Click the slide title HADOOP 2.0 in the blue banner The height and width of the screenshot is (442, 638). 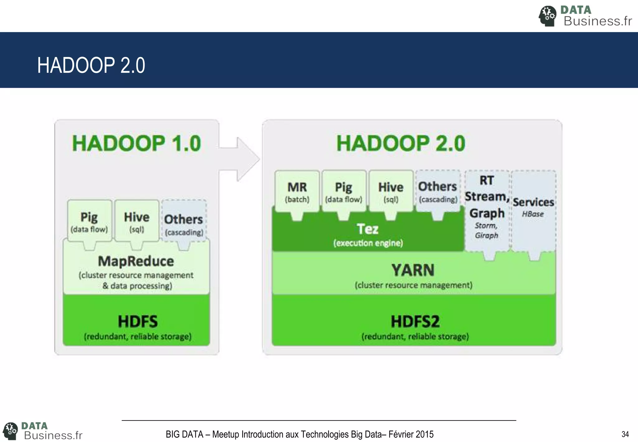[x=91, y=65]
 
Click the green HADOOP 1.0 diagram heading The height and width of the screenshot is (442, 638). [x=136, y=143]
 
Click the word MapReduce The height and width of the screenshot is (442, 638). [x=136, y=261]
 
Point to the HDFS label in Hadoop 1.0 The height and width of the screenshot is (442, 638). [x=137, y=321]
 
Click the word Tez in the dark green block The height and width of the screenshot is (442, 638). [x=368, y=229]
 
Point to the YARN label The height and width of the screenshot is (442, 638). [x=413, y=270]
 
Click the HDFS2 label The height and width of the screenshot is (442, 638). [x=415, y=321]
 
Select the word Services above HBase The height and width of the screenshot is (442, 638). [x=533, y=202]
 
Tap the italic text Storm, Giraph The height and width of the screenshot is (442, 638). [x=486, y=230]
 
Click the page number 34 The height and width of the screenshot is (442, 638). [x=625, y=434]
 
